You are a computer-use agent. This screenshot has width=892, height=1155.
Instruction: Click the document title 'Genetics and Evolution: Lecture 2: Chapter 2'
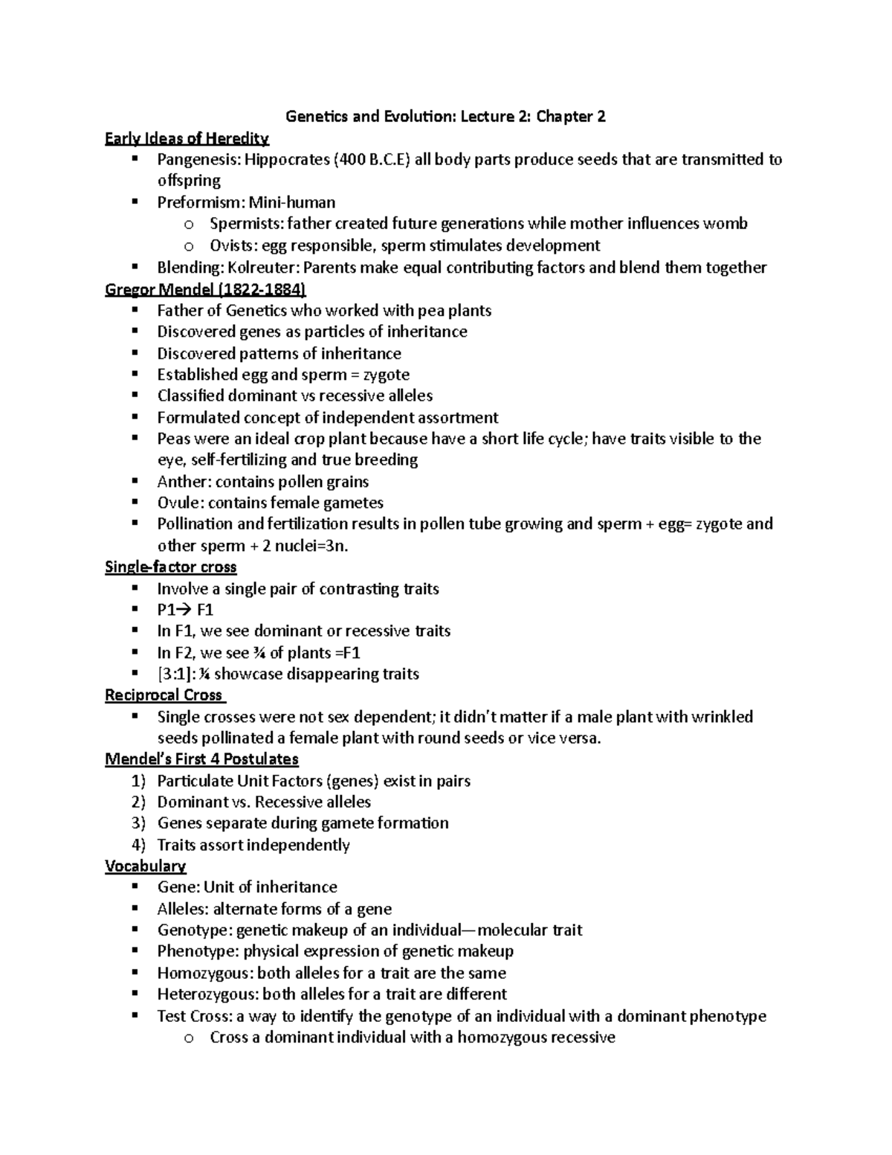coord(445,117)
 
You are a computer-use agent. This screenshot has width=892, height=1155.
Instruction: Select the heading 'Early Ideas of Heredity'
coord(187,138)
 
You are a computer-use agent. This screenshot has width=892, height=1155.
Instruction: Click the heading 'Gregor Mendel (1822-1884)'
coord(206,289)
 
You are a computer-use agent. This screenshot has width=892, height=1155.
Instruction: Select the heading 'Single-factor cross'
coord(170,567)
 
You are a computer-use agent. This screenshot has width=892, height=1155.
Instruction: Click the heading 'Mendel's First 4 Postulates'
coord(201,759)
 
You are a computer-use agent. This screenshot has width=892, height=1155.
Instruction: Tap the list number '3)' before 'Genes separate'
coord(138,823)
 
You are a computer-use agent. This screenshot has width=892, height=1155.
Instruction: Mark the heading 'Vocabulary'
coord(145,866)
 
